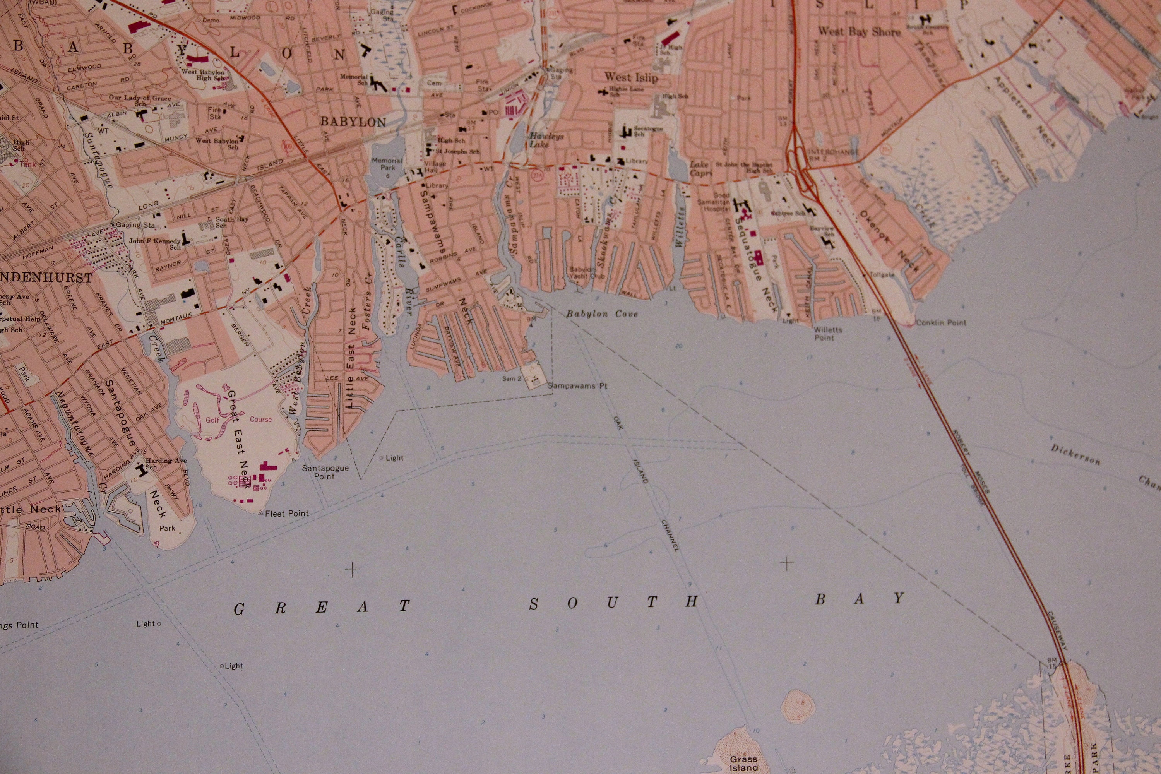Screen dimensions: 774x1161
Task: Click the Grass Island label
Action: (x=743, y=763)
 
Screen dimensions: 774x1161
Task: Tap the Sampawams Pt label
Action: (x=577, y=386)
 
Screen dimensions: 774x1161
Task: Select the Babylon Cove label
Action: (x=602, y=313)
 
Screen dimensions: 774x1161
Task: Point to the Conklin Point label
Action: (x=941, y=323)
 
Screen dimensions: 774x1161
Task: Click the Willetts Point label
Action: (x=828, y=334)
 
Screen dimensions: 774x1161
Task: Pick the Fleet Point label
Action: (x=287, y=514)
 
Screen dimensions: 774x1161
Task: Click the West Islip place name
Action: (x=631, y=77)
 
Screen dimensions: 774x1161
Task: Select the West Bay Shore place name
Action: (x=859, y=32)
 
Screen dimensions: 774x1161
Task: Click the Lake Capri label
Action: (x=700, y=168)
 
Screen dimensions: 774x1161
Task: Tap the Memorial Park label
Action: (x=387, y=164)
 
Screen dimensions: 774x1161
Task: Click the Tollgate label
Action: (x=882, y=275)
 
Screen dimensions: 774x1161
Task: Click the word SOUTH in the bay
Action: (x=615, y=603)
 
